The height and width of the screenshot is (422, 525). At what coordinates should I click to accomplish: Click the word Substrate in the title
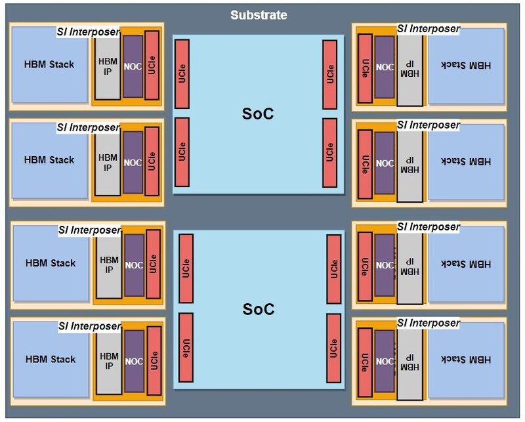[259, 15]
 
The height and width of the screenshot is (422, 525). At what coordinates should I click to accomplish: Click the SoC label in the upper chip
[258, 114]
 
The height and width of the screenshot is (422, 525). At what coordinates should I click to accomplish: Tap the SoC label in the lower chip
[258, 308]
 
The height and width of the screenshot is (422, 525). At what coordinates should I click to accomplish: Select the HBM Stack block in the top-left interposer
[49, 64]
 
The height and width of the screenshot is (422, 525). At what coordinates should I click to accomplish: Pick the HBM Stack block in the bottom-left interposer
[51, 359]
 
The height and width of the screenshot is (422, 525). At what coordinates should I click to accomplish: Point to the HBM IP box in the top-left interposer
[108, 66]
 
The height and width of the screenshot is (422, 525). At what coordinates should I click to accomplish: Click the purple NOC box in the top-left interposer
[133, 66]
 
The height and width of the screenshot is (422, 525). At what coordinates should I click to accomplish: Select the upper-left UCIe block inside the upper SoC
[182, 74]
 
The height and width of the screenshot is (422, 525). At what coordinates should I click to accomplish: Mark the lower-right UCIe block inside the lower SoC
[334, 348]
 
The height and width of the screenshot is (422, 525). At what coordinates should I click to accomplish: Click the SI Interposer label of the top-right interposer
[428, 29]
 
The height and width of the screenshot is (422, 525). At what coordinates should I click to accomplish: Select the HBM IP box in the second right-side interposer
[409, 164]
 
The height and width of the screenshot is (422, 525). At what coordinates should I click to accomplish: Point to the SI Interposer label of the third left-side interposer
[89, 230]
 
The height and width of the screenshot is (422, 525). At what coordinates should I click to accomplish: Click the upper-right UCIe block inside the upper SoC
[329, 74]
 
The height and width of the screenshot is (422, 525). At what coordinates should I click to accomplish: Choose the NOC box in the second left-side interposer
[133, 162]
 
